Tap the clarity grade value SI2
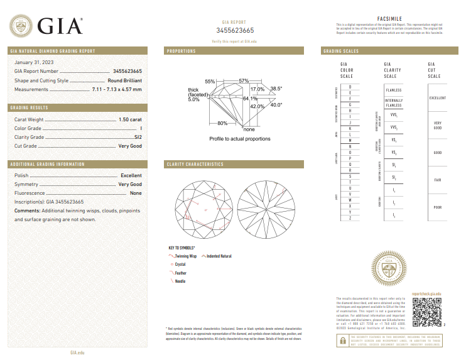pyautogui.click(x=138, y=136)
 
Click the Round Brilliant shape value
pyautogui.click(x=124, y=80)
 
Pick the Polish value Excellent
pyautogui.click(x=131, y=175)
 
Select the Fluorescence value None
pyautogui.click(x=136, y=194)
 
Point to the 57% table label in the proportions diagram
pyautogui.click(x=244, y=80)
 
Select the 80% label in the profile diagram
pyautogui.click(x=222, y=123)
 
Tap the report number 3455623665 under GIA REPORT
pyautogui.click(x=235, y=30)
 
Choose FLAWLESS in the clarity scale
pyautogui.click(x=393, y=90)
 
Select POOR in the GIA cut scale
pyautogui.click(x=437, y=207)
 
